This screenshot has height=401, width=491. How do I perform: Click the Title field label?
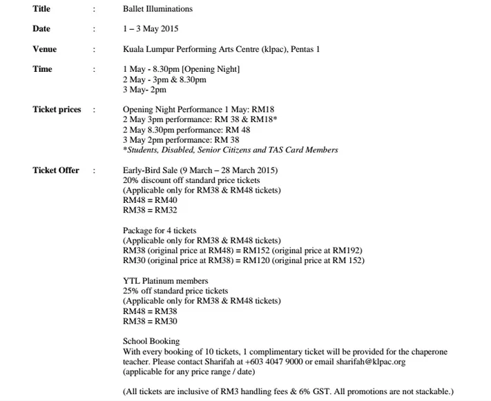(x=41, y=9)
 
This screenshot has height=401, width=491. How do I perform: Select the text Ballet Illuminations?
(x=157, y=9)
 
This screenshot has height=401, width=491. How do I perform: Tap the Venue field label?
(x=44, y=49)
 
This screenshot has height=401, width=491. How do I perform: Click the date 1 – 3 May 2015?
(x=151, y=29)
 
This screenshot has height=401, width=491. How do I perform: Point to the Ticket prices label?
(x=56, y=110)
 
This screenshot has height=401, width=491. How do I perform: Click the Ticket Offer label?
(x=55, y=170)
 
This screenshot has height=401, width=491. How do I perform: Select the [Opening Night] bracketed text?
(x=209, y=70)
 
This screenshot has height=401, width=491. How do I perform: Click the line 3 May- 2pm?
(x=144, y=90)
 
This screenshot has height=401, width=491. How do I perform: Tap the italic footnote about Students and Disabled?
(x=231, y=150)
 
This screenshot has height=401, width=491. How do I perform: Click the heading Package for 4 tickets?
(x=160, y=231)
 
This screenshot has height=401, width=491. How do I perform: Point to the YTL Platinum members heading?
(x=165, y=281)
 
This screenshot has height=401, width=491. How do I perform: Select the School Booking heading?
(x=151, y=341)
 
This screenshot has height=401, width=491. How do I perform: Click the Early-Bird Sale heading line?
(x=200, y=170)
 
